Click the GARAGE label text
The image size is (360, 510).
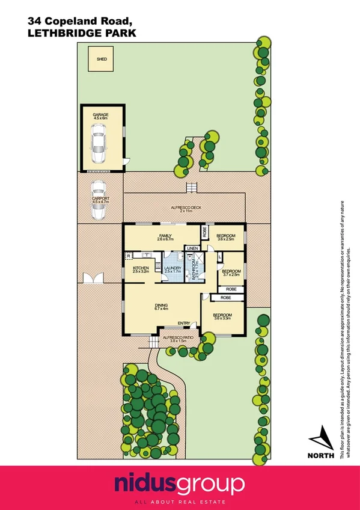tap(100, 114)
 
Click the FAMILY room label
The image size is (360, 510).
tap(166, 236)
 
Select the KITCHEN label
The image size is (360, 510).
tap(141, 268)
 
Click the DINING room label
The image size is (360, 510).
tap(160, 306)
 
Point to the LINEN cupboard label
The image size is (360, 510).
tap(192, 248)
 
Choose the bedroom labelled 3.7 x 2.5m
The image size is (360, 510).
tap(231, 272)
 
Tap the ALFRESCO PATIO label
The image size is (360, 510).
tap(178, 338)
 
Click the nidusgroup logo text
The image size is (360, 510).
tap(180, 484)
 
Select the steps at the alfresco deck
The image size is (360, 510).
tap(192, 188)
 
